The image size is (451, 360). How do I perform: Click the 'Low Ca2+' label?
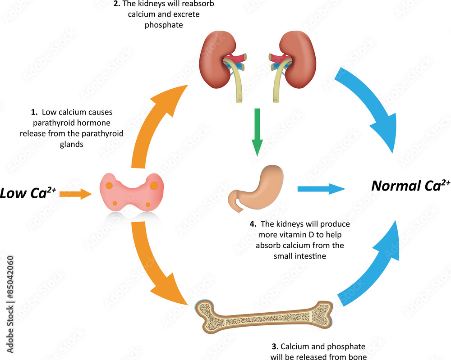pos(27,193)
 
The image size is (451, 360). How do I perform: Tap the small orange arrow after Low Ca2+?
pos(76,194)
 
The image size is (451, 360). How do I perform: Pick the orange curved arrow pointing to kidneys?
pos(153,122)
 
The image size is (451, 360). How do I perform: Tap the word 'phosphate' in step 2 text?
pos(164,25)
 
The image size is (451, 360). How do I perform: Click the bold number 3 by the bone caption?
pos(274,346)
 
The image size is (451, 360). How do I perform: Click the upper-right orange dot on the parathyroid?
pos(154,185)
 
